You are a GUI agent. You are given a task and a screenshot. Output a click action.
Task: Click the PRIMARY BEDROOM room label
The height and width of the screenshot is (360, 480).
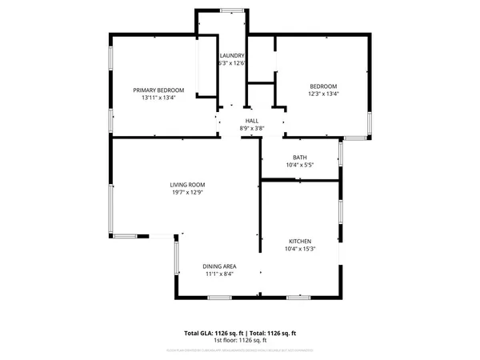point(158,90)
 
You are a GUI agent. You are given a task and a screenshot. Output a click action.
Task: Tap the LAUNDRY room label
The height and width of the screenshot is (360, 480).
point(231,55)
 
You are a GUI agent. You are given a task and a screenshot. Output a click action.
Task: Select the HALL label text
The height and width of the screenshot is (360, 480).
point(251,121)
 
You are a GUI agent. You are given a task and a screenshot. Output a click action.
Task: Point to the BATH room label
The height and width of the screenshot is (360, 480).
point(300,158)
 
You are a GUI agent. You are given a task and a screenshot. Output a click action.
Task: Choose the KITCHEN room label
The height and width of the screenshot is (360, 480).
point(300,241)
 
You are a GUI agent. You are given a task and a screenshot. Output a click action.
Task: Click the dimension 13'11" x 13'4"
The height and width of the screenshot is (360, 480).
point(158,98)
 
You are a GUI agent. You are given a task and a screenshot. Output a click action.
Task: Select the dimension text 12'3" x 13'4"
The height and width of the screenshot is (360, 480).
point(323,94)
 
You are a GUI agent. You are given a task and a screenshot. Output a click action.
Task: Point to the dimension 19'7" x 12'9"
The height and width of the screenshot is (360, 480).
point(187,192)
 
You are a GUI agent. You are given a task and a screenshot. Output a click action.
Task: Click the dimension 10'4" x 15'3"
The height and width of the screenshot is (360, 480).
point(300,249)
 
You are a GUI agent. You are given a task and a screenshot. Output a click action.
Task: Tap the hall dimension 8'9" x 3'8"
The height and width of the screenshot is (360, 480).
point(251,129)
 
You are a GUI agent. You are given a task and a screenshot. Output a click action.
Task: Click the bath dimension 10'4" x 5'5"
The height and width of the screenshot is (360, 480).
point(300,166)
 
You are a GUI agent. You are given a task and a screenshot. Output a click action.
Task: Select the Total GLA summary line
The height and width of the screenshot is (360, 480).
point(240,332)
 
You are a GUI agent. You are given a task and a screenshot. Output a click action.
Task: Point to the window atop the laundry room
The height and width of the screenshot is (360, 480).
point(232,10)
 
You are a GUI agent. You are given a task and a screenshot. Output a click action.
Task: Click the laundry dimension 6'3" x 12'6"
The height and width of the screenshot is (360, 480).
point(231,63)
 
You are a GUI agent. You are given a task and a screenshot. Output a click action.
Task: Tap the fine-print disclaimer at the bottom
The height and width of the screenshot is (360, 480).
point(240,350)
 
